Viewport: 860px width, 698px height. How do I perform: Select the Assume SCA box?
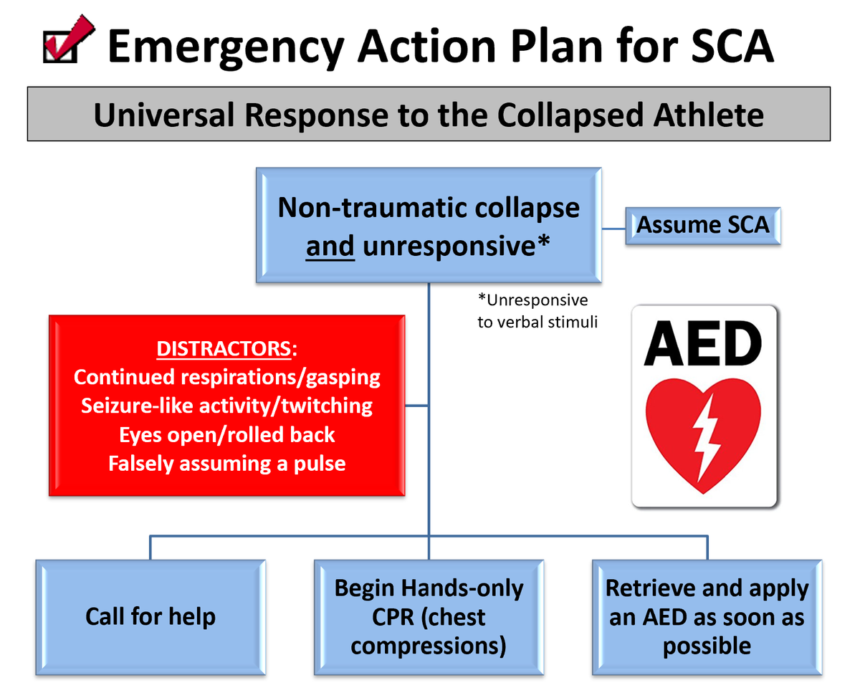[702, 225]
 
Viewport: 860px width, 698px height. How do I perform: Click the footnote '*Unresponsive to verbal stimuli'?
[537, 311]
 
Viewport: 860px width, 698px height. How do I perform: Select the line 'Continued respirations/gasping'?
[226, 377]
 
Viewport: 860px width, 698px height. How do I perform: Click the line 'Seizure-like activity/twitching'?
[226, 406]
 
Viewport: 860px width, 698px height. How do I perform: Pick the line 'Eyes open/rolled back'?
[226, 435]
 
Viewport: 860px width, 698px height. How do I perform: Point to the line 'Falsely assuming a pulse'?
[226, 464]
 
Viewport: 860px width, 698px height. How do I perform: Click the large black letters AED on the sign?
[702, 345]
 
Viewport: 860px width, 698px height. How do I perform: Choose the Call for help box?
[150, 616]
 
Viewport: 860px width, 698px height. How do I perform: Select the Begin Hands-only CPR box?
[429, 616]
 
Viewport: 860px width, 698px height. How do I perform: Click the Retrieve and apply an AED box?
[707, 616]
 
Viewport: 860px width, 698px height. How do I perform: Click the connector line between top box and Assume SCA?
[613, 229]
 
